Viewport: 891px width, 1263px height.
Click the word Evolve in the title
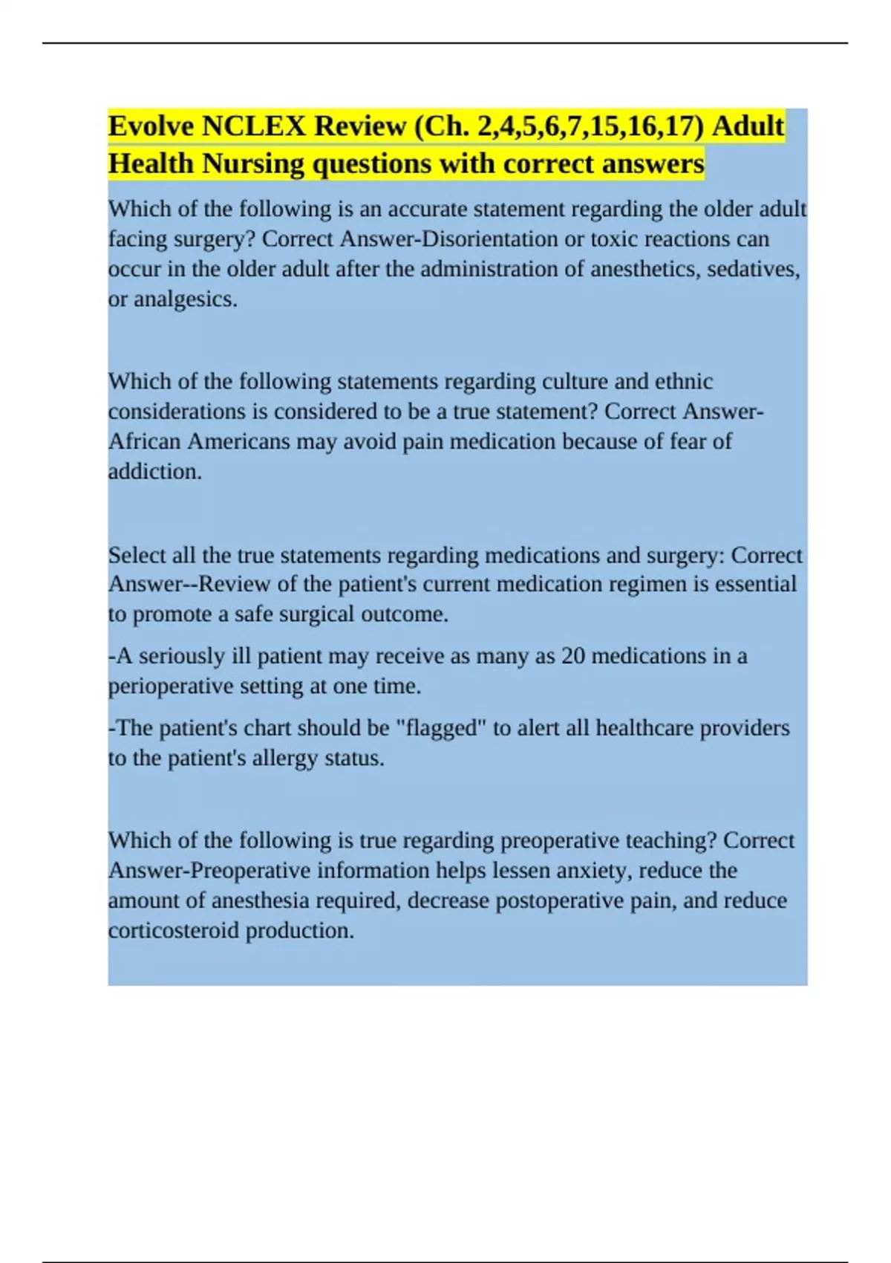(151, 126)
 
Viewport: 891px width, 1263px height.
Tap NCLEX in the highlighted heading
(253, 126)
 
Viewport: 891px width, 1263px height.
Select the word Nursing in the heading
(252, 163)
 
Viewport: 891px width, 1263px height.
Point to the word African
(145, 441)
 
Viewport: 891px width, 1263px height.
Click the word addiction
(154, 472)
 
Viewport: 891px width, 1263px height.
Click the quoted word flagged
(443, 728)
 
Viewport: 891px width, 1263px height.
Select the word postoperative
(556, 900)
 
